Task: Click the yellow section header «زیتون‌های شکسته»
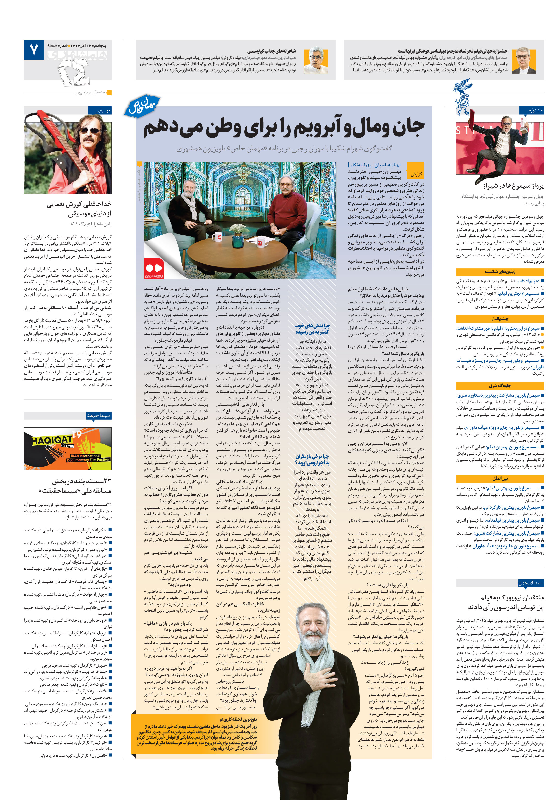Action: point(499,272)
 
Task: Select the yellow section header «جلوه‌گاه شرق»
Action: point(499,386)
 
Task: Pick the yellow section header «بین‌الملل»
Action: point(499,479)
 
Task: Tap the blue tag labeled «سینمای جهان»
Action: point(530,583)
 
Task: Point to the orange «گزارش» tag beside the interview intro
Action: point(416,174)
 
